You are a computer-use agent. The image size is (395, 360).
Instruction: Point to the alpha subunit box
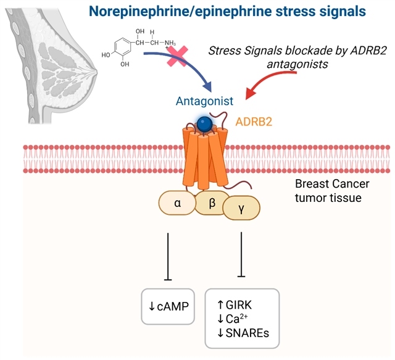(x=177, y=203)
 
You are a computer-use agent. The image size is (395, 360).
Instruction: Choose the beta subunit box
(x=212, y=203)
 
